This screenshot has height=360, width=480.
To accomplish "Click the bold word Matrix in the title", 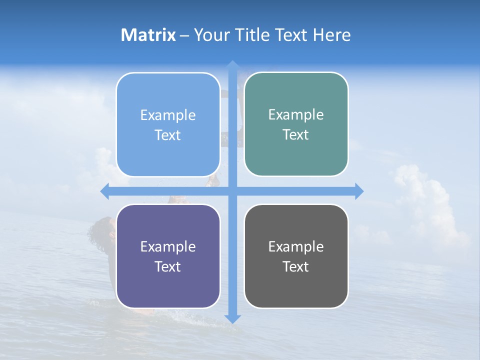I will click(x=148, y=35).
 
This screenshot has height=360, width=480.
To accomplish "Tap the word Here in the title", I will click(x=331, y=35).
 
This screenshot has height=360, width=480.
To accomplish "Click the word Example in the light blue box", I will click(x=168, y=115).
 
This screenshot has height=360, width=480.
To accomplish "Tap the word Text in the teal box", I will click(x=296, y=135).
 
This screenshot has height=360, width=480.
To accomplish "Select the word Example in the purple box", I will click(x=168, y=247).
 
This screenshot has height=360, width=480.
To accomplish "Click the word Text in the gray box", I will click(x=296, y=266).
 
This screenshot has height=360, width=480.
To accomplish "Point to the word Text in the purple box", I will click(x=168, y=266).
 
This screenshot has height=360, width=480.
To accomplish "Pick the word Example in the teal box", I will click(x=296, y=115).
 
